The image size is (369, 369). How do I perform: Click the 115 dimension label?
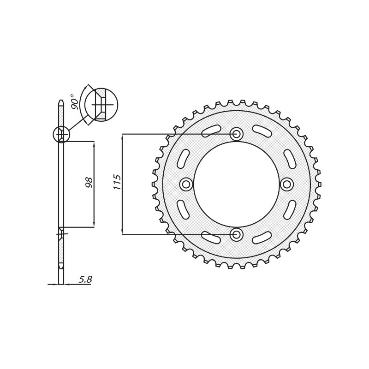[x=118, y=182]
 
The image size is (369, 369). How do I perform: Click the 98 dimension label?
[x=89, y=182]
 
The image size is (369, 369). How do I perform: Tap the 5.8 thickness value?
[x=85, y=280]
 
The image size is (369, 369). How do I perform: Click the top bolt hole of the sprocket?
[x=237, y=134]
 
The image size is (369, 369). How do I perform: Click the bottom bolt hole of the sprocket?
[x=237, y=235]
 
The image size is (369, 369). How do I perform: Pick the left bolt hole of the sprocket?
[x=186, y=184]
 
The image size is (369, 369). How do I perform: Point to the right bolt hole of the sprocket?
[x=287, y=184]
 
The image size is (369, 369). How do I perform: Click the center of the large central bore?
[x=237, y=184]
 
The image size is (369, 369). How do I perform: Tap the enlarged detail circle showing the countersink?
[x=101, y=105]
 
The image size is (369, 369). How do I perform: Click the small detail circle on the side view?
[x=61, y=135]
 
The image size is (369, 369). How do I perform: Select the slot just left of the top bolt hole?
[x=211, y=131]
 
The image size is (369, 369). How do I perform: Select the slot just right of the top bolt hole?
[x=262, y=131]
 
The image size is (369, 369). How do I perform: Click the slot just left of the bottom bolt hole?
[x=211, y=238]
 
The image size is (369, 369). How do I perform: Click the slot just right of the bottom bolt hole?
[x=262, y=238]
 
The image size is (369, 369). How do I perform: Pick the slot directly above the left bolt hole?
[x=183, y=159]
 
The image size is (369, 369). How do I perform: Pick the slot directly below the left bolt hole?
[x=183, y=209]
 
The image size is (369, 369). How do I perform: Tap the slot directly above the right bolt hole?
[x=290, y=159]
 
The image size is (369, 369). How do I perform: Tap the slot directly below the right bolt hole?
[x=290, y=209]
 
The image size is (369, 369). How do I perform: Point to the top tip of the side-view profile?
[x=61, y=101]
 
